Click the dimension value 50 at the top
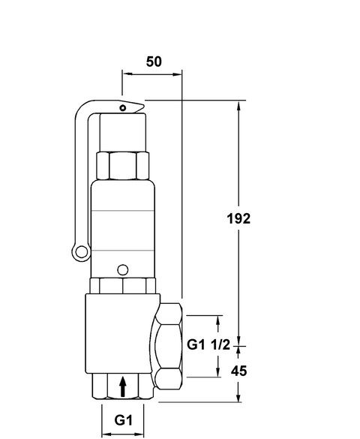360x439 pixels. (x=153, y=62)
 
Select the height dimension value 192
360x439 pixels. (x=238, y=218)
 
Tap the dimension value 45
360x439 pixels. (x=238, y=371)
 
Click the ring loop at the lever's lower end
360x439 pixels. (x=79, y=252)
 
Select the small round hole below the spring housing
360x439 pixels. (x=122, y=267)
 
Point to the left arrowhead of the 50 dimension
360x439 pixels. (x=126, y=74)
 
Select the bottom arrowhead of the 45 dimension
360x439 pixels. (x=238, y=396)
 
